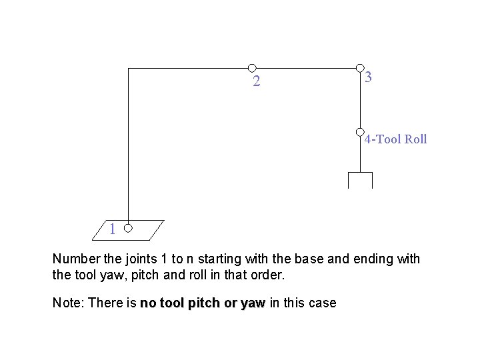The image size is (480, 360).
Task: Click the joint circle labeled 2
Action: (x=252, y=67)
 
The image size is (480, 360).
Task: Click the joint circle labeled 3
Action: (x=360, y=67)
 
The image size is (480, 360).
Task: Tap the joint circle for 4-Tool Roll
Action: (x=360, y=132)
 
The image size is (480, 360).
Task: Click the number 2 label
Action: (x=256, y=83)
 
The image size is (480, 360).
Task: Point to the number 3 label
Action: (x=369, y=77)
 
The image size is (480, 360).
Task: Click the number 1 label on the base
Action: (x=113, y=229)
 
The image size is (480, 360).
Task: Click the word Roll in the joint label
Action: (x=415, y=139)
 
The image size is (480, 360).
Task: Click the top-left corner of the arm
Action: (x=128, y=68)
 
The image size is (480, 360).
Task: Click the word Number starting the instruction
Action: (x=75, y=259)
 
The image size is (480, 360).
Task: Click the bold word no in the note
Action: (x=147, y=303)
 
